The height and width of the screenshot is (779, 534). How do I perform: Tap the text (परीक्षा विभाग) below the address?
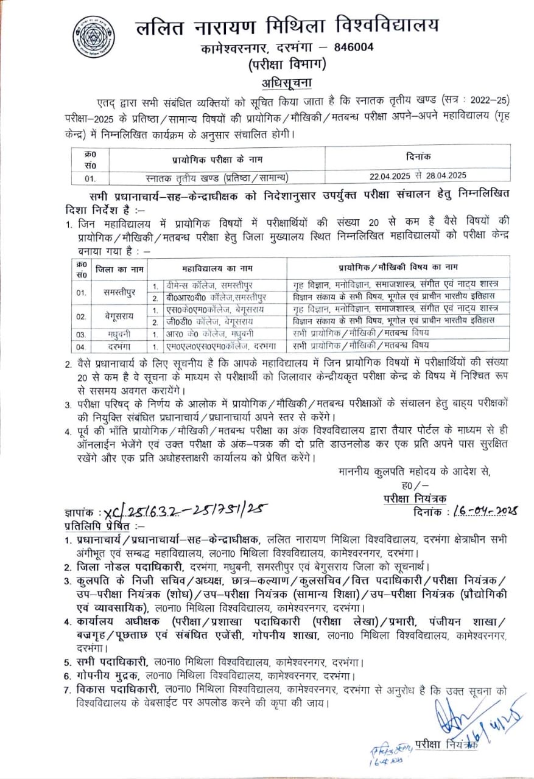click(286, 63)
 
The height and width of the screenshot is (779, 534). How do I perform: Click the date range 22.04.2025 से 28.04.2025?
click(418, 175)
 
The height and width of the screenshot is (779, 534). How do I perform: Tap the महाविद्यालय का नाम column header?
click(217, 268)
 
